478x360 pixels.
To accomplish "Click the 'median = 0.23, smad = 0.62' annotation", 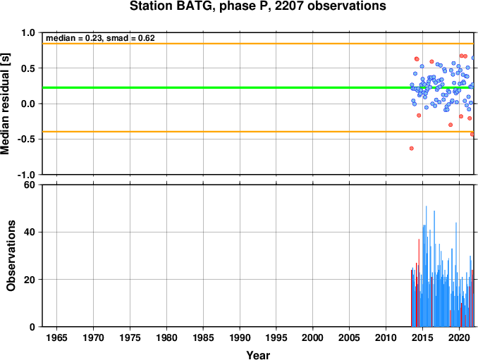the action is (x=100, y=38).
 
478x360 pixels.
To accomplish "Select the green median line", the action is (x=258, y=88).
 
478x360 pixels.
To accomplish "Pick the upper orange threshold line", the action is (x=258, y=44).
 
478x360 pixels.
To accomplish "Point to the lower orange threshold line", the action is (x=258, y=132).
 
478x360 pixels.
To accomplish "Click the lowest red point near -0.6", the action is (x=412, y=149).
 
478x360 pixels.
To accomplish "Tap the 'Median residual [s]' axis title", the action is (x=5, y=104).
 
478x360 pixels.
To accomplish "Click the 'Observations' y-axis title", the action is (x=11, y=256).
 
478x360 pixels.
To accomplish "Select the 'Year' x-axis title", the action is (x=258, y=355).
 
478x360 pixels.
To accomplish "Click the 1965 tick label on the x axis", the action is (x=56, y=337).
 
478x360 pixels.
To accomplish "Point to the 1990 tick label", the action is (x=240, y=337).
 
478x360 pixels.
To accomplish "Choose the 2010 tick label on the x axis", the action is (x=386, y=337).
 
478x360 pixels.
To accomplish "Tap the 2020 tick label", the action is (x=459, y=337).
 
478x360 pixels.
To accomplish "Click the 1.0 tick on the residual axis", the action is (x=28, y=32).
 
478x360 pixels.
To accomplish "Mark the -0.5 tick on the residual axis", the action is (x=26, y=139).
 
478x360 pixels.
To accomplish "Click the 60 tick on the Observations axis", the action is (x=30, y=185).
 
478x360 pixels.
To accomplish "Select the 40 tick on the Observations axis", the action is (x=30, y=232).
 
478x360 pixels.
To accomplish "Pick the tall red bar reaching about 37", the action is (x=419, y=283).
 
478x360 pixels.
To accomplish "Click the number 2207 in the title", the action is (x=290, y=6).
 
